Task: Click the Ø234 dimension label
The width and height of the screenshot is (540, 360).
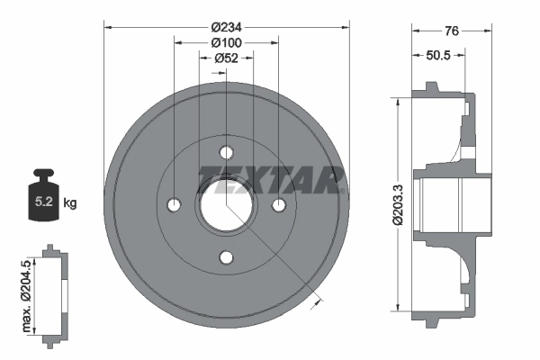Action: pyautogui.click(x=226, y=26)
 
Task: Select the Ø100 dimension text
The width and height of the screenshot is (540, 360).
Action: pyautogui.click(x=226, y=42)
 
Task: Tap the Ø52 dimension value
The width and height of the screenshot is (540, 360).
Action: pyautogui.click(x=226, y=58)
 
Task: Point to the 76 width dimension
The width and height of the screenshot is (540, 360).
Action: pyautogui.click(x=452, y=31)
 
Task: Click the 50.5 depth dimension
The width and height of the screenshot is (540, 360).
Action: pyautogui.click(x=437, y=56)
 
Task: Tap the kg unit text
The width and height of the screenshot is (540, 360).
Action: pyautogui.click(x=71, y=203)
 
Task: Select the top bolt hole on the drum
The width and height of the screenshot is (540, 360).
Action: pyautogui.click(x=226, y=152)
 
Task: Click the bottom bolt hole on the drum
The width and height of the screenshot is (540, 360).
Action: pyautogui.click(x=226, y=257)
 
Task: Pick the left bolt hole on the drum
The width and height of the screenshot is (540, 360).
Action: pyautogui.click(x=174, y=205)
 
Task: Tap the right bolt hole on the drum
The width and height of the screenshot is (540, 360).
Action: pyautogui.click(x=279, y=205)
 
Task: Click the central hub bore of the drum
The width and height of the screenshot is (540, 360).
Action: pyautogui.click(x=226, y=204)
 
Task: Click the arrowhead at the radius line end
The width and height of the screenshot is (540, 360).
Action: pyautogui.click(x=314, y=304)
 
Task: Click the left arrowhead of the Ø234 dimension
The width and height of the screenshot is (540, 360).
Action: pyautogui.click(x=108, y=26)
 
